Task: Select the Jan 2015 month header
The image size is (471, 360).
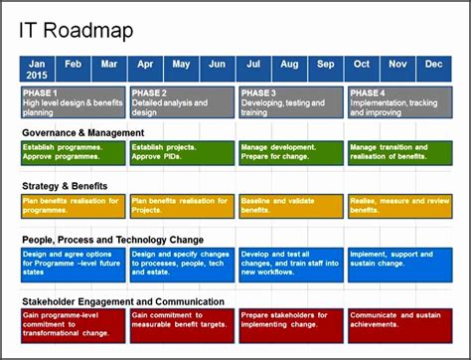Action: [37, 69]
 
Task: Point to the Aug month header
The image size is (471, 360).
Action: [289, 64]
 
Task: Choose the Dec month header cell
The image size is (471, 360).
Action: [433, 64]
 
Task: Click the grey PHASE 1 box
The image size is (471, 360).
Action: [72, 102]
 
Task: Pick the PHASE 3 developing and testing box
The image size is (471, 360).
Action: [289, 102]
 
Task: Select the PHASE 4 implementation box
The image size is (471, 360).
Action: [398, 102]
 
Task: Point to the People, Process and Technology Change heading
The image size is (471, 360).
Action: [112, 240]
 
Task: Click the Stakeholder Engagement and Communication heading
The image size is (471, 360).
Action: [122, 301]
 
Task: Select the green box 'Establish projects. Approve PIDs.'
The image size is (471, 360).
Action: [181, 153]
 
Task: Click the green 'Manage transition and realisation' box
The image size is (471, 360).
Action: [398, 153]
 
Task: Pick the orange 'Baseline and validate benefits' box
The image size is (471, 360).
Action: [289, 206]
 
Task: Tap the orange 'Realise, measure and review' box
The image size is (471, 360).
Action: [398, 206]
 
